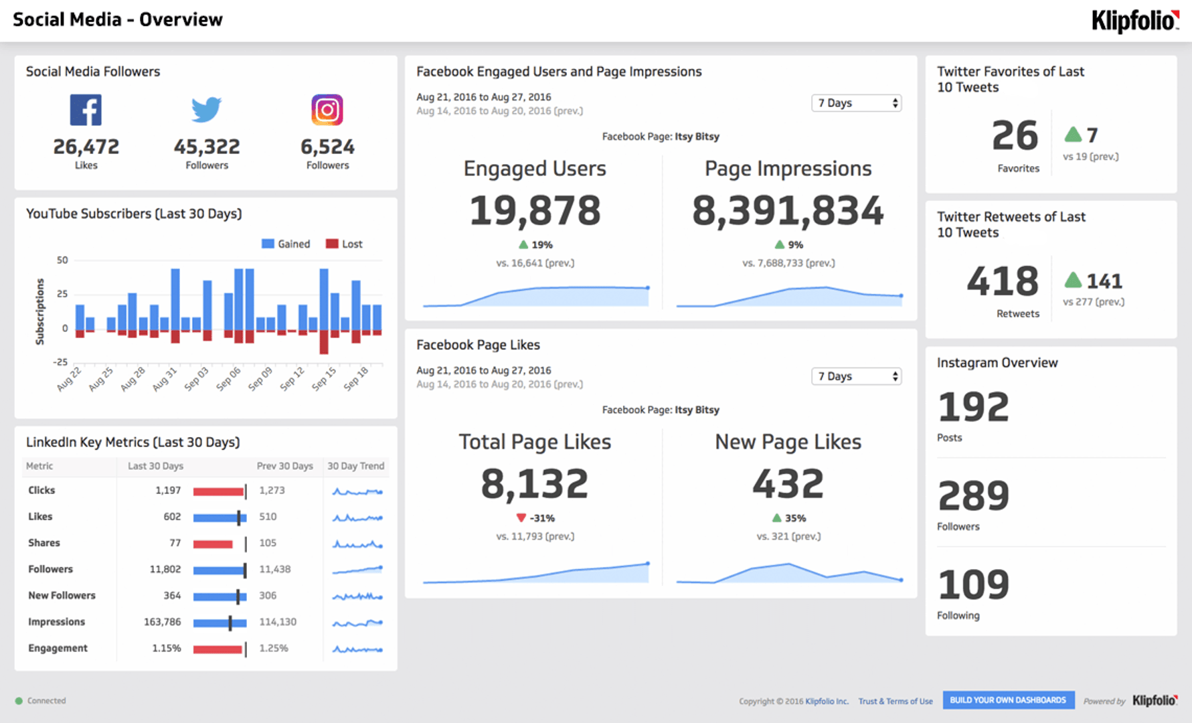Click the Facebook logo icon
[86, 110]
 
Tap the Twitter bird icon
[206, 110]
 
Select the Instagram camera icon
[327, 110]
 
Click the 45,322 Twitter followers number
[207, 147]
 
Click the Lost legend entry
[344, 244]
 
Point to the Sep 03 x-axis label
[197, 378]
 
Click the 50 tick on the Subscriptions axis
[62, 260]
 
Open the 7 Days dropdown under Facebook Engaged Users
[856, 103]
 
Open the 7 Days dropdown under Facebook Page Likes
[856, 376]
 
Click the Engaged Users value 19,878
[535, 210]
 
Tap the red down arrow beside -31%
[521, 517]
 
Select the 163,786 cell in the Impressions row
[162, 622]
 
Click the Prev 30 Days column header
[284, 466]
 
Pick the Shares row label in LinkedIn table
[44, 543]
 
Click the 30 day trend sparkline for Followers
[357, 570]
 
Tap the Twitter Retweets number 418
[1002, 281]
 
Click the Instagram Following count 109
[973, 584]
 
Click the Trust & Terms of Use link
[896, 701]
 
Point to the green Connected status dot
[19, 701]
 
